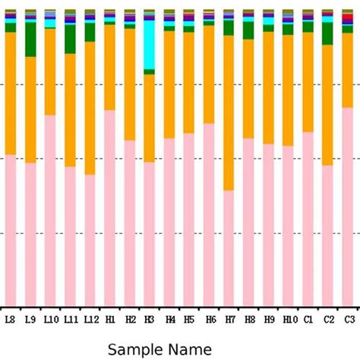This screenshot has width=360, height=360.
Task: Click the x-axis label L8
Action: [x=10, y=320]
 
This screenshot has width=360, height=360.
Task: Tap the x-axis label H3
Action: [x=149, y=320]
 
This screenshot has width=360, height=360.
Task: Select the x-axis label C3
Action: [x=349, y=320]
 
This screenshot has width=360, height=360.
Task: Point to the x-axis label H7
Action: [x=229, y=320]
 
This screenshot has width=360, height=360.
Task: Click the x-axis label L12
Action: [x=90, y=320]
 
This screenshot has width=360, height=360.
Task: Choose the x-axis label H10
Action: [x=289, y=320]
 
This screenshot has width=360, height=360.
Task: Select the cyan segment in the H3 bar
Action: [x=149, y=44]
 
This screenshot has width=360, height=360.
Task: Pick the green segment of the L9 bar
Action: [x=30, y=39]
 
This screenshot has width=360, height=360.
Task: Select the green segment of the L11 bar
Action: [x=70, y=39]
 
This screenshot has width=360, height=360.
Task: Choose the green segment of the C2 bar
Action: [x=327, y=33]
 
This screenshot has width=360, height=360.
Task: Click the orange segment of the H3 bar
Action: [x=149, y=118]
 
